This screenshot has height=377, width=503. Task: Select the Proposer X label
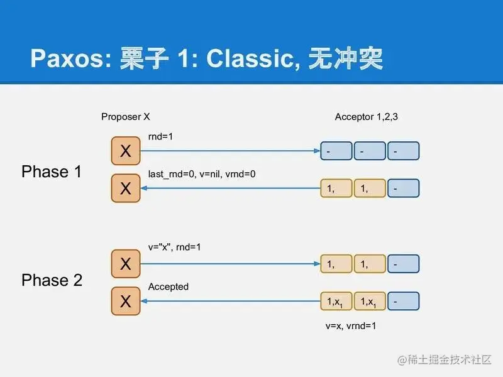[125, 117]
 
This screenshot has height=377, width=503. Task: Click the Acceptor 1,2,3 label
[366, 117]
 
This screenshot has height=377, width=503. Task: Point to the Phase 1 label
[52, 171]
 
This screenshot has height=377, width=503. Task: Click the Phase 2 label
[52, 280]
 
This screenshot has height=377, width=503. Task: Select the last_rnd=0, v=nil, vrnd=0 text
[202, 174]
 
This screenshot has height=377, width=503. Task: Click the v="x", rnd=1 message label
[175, 248]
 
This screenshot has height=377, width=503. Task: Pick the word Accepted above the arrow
[168, 287]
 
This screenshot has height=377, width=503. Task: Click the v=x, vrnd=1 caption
[351, 326]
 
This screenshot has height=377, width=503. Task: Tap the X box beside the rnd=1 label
[125, 151]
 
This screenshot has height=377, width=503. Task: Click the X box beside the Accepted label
[125, 302]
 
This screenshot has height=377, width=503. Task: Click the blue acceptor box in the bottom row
[403, 302]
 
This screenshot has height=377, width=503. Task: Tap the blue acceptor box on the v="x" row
[403, 265]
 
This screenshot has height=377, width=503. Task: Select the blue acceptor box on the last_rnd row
[403, 188]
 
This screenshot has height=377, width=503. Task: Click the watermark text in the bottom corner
[443, 359]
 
